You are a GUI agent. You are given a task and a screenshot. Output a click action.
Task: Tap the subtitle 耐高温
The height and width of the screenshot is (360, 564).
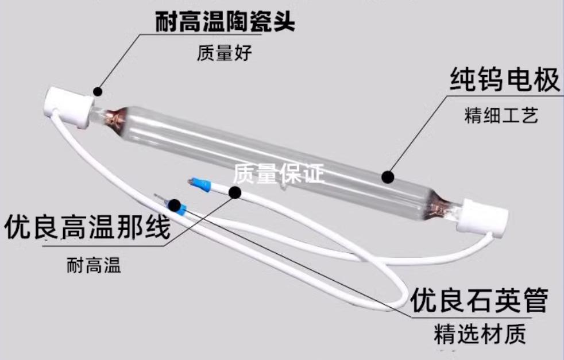coord(94,266)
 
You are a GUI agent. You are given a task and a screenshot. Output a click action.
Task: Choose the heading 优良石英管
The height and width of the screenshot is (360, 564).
coord(478,299)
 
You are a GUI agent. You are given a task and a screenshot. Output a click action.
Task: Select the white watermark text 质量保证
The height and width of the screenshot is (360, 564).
coord(280,173)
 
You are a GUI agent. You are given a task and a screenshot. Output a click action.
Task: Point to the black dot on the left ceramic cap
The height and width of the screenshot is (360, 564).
coord(98,91)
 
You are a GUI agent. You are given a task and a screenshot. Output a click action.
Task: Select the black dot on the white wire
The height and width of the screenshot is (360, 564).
coord(235,192)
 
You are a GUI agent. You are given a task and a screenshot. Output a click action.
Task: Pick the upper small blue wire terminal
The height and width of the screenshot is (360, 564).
coord(199,184)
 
